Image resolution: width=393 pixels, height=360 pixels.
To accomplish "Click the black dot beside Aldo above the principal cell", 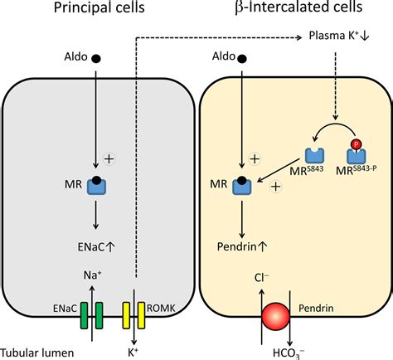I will [97, 59].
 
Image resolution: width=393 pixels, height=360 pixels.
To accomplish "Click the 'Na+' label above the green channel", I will [90, 272].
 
